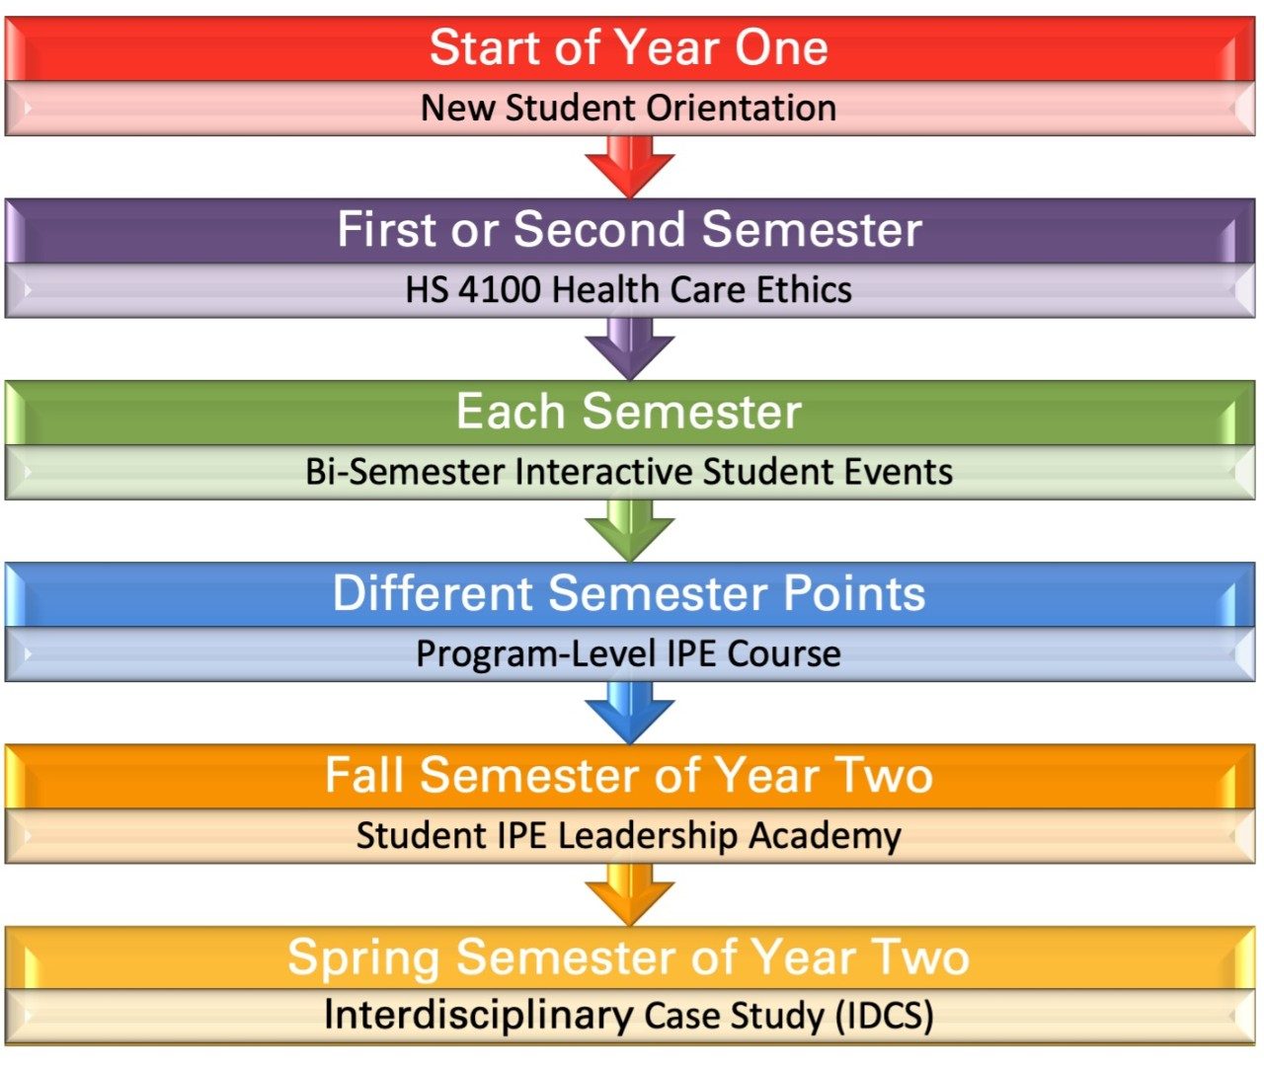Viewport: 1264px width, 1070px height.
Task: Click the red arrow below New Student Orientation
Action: (629, 166)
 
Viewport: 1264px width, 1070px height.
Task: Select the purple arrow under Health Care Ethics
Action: (629, 348)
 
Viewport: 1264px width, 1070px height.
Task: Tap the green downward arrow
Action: (629, 530)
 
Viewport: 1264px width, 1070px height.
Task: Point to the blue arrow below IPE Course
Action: (629, 713)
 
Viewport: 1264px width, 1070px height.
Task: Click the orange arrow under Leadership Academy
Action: (629, 894)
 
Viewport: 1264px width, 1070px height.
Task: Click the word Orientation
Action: (742, 108)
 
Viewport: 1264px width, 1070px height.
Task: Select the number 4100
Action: (500, 289)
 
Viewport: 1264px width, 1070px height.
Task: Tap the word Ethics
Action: (804, 289)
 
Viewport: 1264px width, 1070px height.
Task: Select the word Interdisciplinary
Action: (478, 1016)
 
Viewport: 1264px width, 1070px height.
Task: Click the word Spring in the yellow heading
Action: (363, 958)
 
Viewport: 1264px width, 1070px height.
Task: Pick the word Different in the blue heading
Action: (433, 593)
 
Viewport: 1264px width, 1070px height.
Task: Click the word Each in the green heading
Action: (511, 411)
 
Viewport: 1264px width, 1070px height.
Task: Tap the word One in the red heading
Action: (781, 47)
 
